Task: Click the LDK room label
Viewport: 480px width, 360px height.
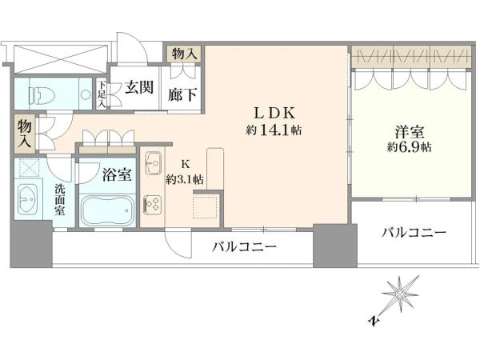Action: coord(274,114)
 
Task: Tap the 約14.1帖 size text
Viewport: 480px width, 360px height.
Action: coord(274,130)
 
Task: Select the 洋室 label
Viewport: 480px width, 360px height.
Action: coord(410,132)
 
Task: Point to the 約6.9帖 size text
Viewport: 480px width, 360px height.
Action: coord(410,147)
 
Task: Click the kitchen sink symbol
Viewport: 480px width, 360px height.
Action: coord(154,163)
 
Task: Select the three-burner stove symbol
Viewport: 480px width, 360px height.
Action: coord(153,204)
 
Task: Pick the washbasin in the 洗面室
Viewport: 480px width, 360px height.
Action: coord(28,199)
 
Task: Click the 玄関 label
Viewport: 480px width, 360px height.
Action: coord(139,88)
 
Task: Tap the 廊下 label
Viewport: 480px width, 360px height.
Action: coord(182,94)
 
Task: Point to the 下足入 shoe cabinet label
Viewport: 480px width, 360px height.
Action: coord(102,94)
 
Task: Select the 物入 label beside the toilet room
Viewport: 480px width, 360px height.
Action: coord(25,134)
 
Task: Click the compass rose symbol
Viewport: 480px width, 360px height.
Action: coord(399,294)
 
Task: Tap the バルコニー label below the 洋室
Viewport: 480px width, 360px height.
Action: coord(414,234)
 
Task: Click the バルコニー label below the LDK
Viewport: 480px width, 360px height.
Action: coord(245,246)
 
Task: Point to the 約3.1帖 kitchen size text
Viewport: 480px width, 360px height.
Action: coord(185,179)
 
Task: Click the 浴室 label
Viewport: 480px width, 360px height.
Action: coord(117,174)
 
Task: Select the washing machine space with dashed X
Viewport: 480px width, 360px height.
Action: coord(29,167)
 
